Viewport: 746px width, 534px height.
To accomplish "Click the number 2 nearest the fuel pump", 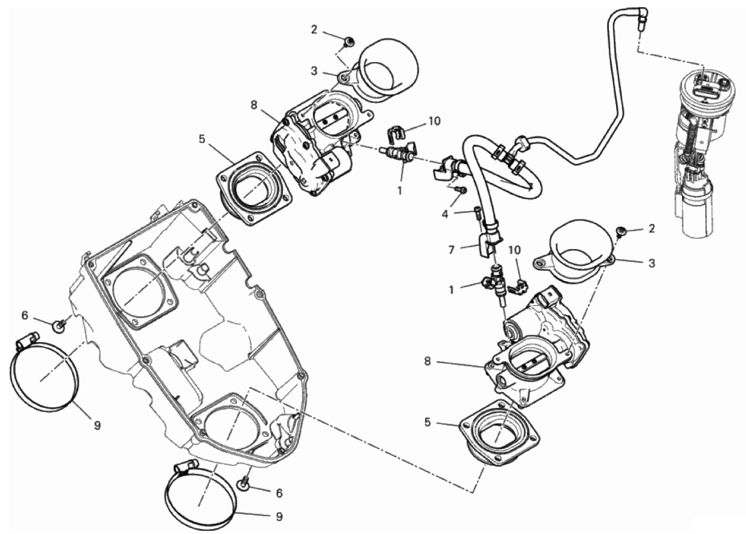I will (651, 228).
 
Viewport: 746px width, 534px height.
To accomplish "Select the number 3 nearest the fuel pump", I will (652, 263).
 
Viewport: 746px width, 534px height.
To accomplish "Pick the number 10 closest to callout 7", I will (515, 248).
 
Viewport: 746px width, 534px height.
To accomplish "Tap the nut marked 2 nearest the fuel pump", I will (620, 231).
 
